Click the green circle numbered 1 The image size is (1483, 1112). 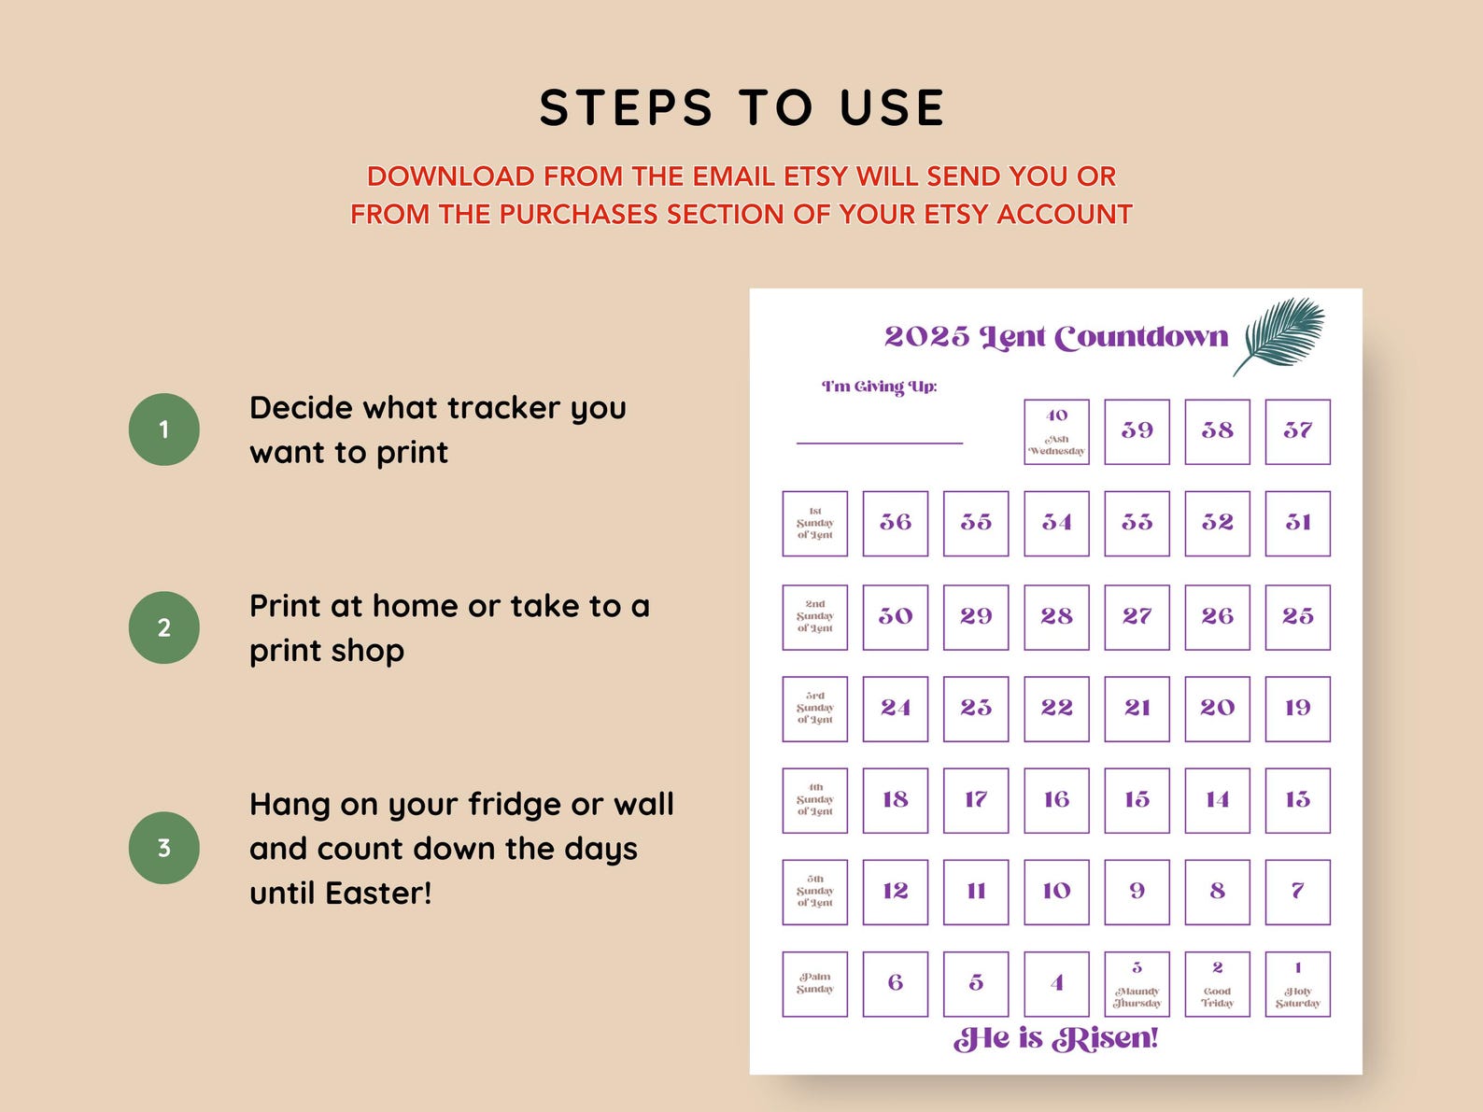164,429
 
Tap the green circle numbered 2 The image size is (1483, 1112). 164,627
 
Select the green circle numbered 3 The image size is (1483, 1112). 164,848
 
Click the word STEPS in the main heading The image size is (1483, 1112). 627,108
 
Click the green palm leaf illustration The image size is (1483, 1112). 1281,334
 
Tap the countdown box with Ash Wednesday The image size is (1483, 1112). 1056,432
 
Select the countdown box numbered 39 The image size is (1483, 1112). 1137,432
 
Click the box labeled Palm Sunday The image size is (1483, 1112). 814,984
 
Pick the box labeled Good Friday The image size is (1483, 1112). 1217,984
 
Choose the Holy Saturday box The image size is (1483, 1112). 1297,984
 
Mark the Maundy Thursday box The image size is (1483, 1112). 1137,984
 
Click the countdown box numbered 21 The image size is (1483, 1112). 1137,709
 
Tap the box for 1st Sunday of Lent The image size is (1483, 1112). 814,524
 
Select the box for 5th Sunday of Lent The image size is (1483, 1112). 814,892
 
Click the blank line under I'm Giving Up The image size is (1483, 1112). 879,443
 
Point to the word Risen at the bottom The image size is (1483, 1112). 1105,1039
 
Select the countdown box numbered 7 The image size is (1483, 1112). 1297,892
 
